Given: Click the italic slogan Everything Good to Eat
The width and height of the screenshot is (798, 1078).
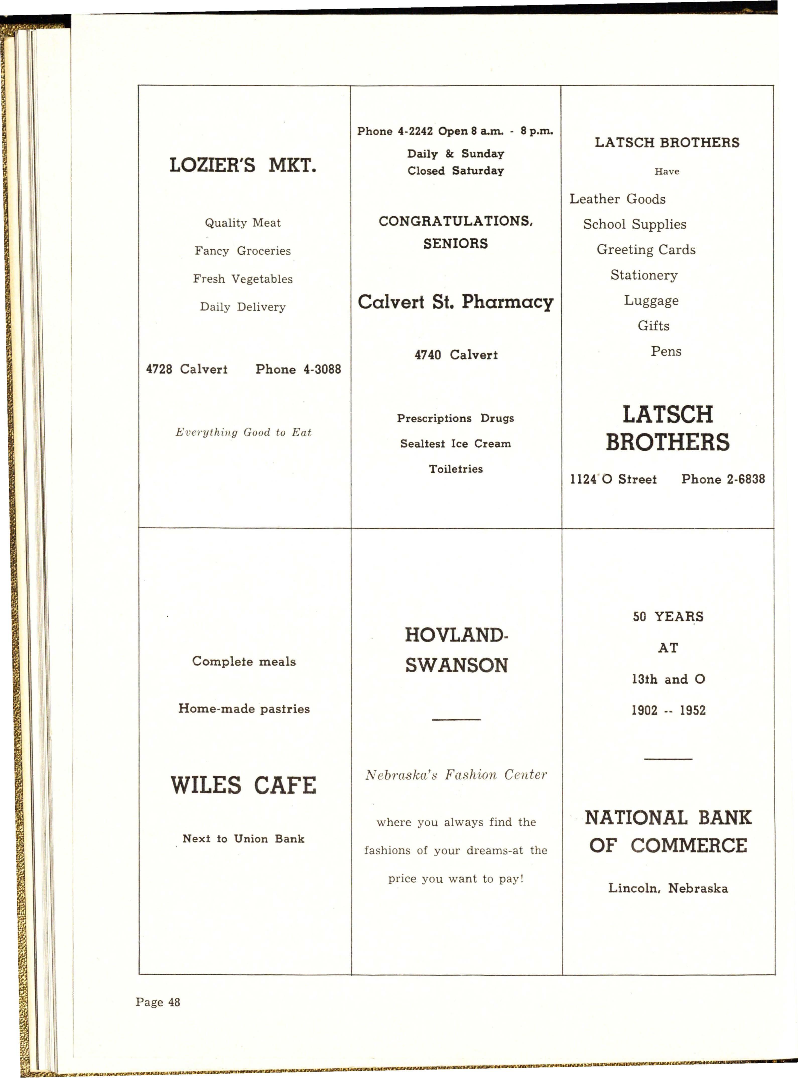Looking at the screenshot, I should point(243,432).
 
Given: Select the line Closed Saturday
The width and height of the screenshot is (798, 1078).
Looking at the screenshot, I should point(455,171).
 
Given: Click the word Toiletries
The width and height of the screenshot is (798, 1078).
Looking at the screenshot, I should point(455,469).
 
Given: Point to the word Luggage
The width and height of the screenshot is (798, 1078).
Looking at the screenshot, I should point(651,300).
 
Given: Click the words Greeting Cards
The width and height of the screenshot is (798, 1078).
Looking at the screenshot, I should point(646,250).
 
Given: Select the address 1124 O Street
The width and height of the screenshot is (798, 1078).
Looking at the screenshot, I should point(613,479).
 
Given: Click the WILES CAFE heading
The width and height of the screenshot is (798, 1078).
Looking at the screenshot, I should point(243,785).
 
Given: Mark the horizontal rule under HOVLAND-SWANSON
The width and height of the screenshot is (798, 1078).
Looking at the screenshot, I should point(456,720).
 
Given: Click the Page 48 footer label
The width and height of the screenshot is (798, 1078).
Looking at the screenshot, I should point(158,1002).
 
